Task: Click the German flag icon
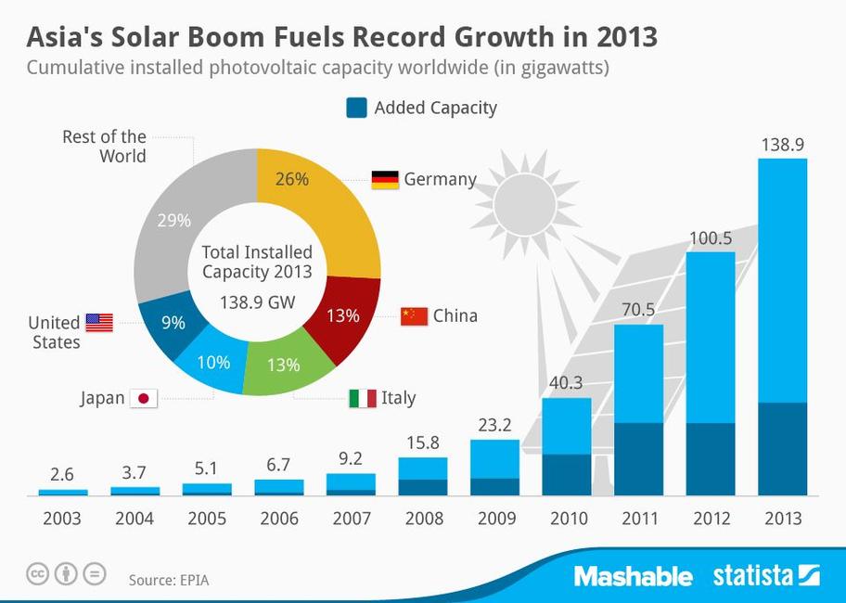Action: click(x=385, y=179)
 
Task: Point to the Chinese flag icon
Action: click(x=414, y=316)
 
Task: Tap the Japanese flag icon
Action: click(x=144, y=398)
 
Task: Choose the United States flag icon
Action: click(x=98, y=323)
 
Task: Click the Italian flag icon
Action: click(x=363, y=398)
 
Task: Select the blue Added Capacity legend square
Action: click(x=356, y=108)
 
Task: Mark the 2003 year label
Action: click(x=62, y=518)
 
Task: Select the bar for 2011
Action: click(x=638, y=409)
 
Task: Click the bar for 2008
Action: click(x=423, y=476)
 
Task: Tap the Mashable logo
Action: click(x=633, y=576)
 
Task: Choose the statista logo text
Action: click(x=753, y=576)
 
